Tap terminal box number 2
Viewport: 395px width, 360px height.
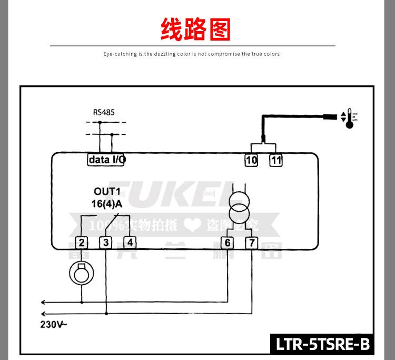tap(82, 242)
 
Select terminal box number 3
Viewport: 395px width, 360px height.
tap(106, 242)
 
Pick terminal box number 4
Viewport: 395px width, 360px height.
tap(130, 242)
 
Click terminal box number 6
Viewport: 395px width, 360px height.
tap(228, 242)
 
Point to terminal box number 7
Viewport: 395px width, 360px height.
tap(252, 242)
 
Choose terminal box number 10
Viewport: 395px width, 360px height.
tap(251, 160)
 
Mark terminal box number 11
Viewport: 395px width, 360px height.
tap(276, 160)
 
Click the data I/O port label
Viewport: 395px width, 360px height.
tap(106, 159)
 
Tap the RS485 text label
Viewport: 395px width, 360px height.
tap(104, 112)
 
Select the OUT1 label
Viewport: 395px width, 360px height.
tap(107, 191)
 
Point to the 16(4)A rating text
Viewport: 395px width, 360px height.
tap(107, 203)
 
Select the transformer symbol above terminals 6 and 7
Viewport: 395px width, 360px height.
tap(240, 206)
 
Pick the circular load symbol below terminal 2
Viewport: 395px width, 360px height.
tap(82, 274)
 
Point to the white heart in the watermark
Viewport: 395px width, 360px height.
tap(192, 226)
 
